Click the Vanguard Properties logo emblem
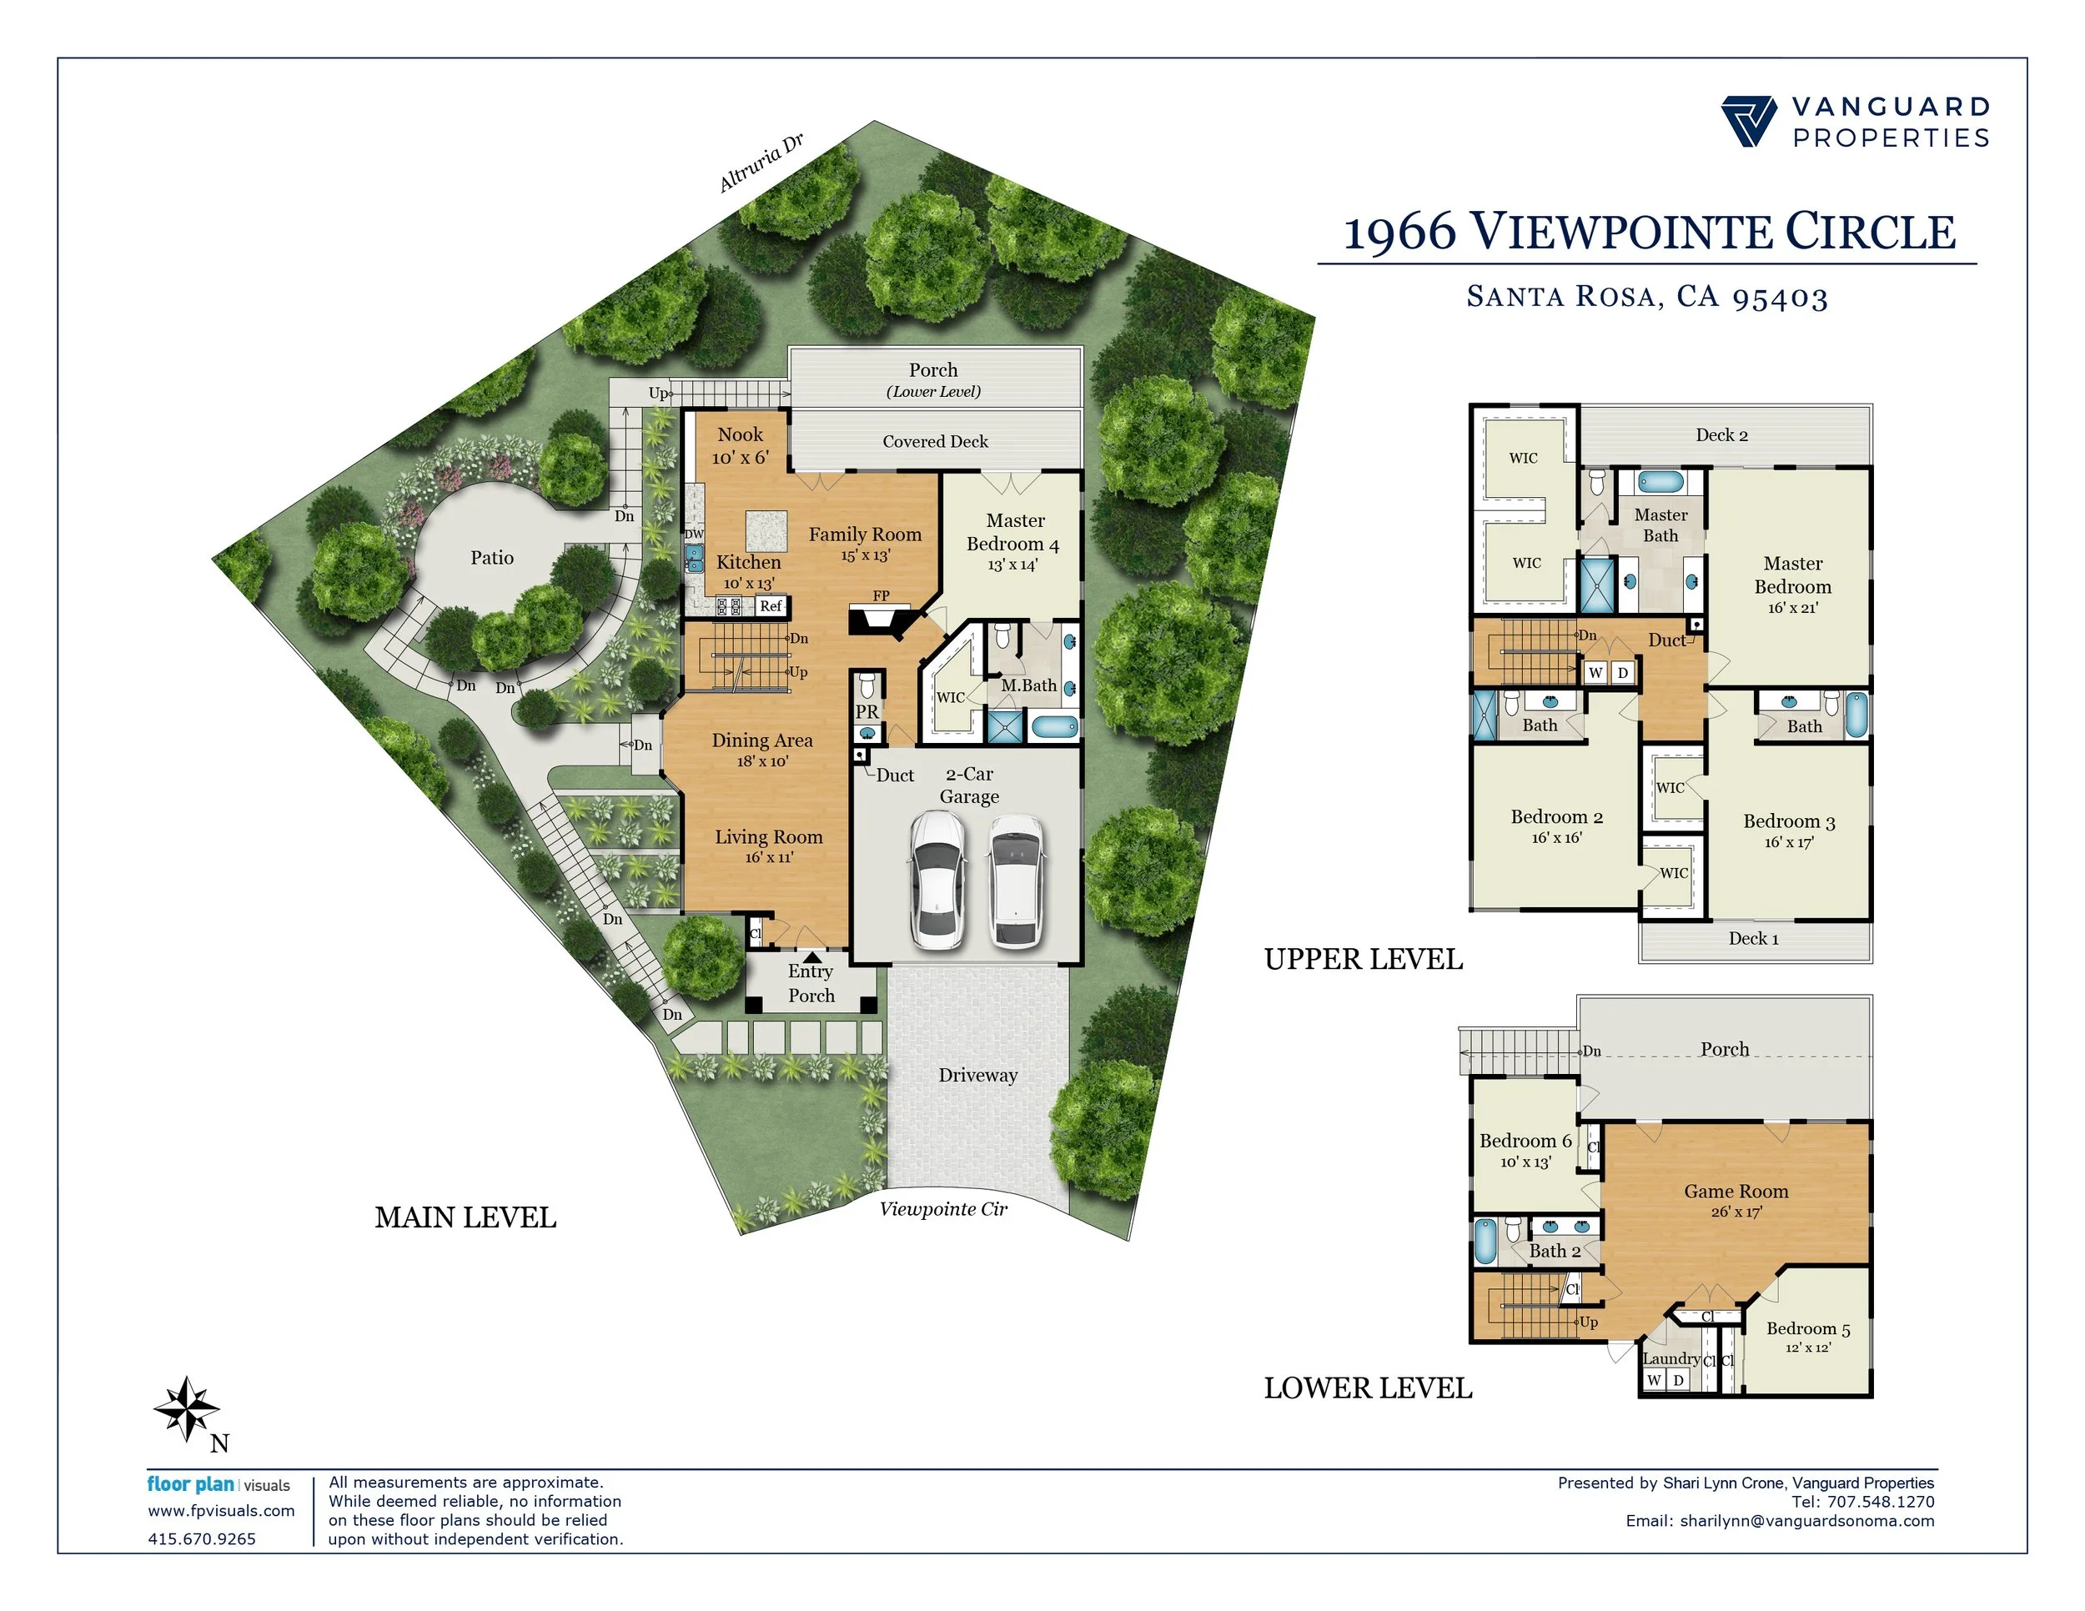coord(1748,121)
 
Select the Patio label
coord(492,557)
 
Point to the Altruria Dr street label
coord(760,163)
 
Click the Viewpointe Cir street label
coord(943,1209)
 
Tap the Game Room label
coord(1736,1191)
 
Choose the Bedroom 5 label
coord(1808,1328)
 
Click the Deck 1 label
coord(1754,938)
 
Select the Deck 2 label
coord(1721,435)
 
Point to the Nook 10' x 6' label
coord(740,446)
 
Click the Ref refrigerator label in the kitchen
coord(771,606)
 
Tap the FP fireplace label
coord(882,595)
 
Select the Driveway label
coord(977,1076)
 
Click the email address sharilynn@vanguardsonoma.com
coord(1807,1520)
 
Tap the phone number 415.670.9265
coord(202,1538)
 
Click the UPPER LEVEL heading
coord(1364,959)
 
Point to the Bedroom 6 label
coord(1525,1142)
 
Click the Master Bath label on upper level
coord(1660,525)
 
